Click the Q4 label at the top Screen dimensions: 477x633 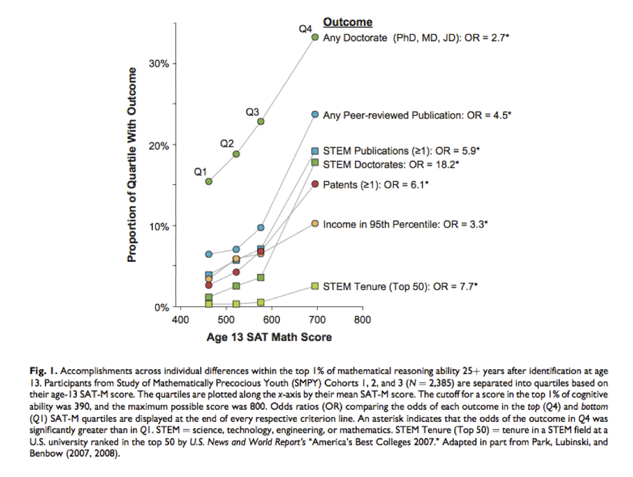pyautogui.click(x=306, y=28)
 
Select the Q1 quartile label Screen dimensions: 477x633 pyautogui.click(x=200, y=172)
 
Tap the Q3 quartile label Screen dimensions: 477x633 pyautogui.click(x=252, y=112)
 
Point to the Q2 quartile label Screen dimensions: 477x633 pyautogui.click(x=227, y=144)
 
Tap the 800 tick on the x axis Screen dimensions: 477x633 pyautogui.click(x=362, y=320)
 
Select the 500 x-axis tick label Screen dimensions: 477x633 pyautogui.click(x=226, y=320)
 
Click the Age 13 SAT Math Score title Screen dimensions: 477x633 pyautogui.click(x=269, y=337)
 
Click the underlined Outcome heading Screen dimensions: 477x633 pyautogui.click(x=348, y=22)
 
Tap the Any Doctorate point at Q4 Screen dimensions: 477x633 pyautogui.click(x=315, y=37)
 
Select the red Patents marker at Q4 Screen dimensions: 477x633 pyautogui.click(x=315, y=184)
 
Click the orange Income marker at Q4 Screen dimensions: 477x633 pyautogui.click(x=315, y=224)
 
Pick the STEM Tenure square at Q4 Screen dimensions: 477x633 pyautogui.click(x=315, y=286)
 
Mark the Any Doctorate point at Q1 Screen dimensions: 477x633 pyautogui.click(x=209, y=181)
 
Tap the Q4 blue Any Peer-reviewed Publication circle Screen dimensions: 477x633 pyautogui.click(x=315, y=114)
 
